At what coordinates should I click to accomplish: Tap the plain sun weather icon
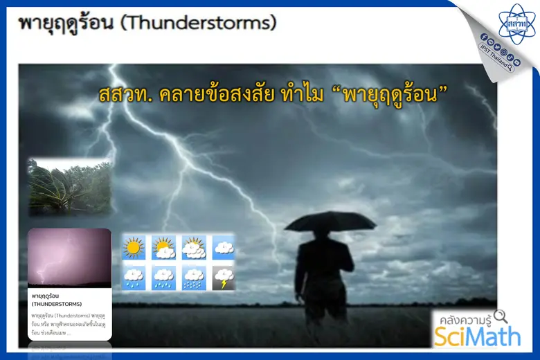pos(134,247)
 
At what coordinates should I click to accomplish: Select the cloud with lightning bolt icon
pos(224,278)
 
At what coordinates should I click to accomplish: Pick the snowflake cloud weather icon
pos(193,278)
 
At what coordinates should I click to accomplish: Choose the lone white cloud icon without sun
pos(224,247)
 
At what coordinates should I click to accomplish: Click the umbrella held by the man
pos(330,222)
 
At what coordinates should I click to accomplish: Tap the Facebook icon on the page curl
pos(483,36)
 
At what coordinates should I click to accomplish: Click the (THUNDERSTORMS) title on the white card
pos(57,304)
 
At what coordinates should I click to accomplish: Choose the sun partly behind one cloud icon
pos(163,247)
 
